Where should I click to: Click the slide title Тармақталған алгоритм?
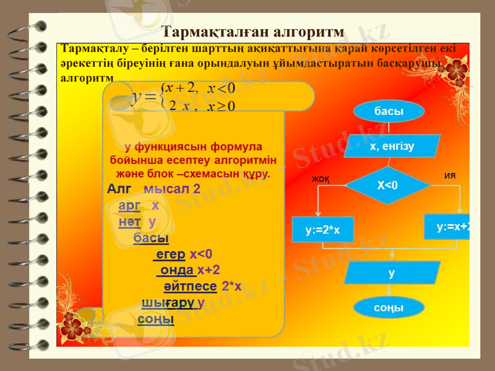[x=252, y=32]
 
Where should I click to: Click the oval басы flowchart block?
[x=389, y=112]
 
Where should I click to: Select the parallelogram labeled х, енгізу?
[x=392, y=147]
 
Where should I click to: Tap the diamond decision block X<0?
[x=387, y=185]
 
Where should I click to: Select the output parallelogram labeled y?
[x=391, y=273]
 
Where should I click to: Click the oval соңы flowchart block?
[x=389, y=307]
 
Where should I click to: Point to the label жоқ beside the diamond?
[x=320, y=179]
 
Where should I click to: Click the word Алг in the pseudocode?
[x=120, y=189]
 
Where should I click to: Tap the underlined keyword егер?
[x=171, y=254]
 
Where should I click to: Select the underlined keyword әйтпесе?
[x=190, y=286]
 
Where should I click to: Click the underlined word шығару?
[x=169, y=304]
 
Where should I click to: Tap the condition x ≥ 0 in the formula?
[x=222, y=106]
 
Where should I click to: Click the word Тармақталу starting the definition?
[x=87, y=48]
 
